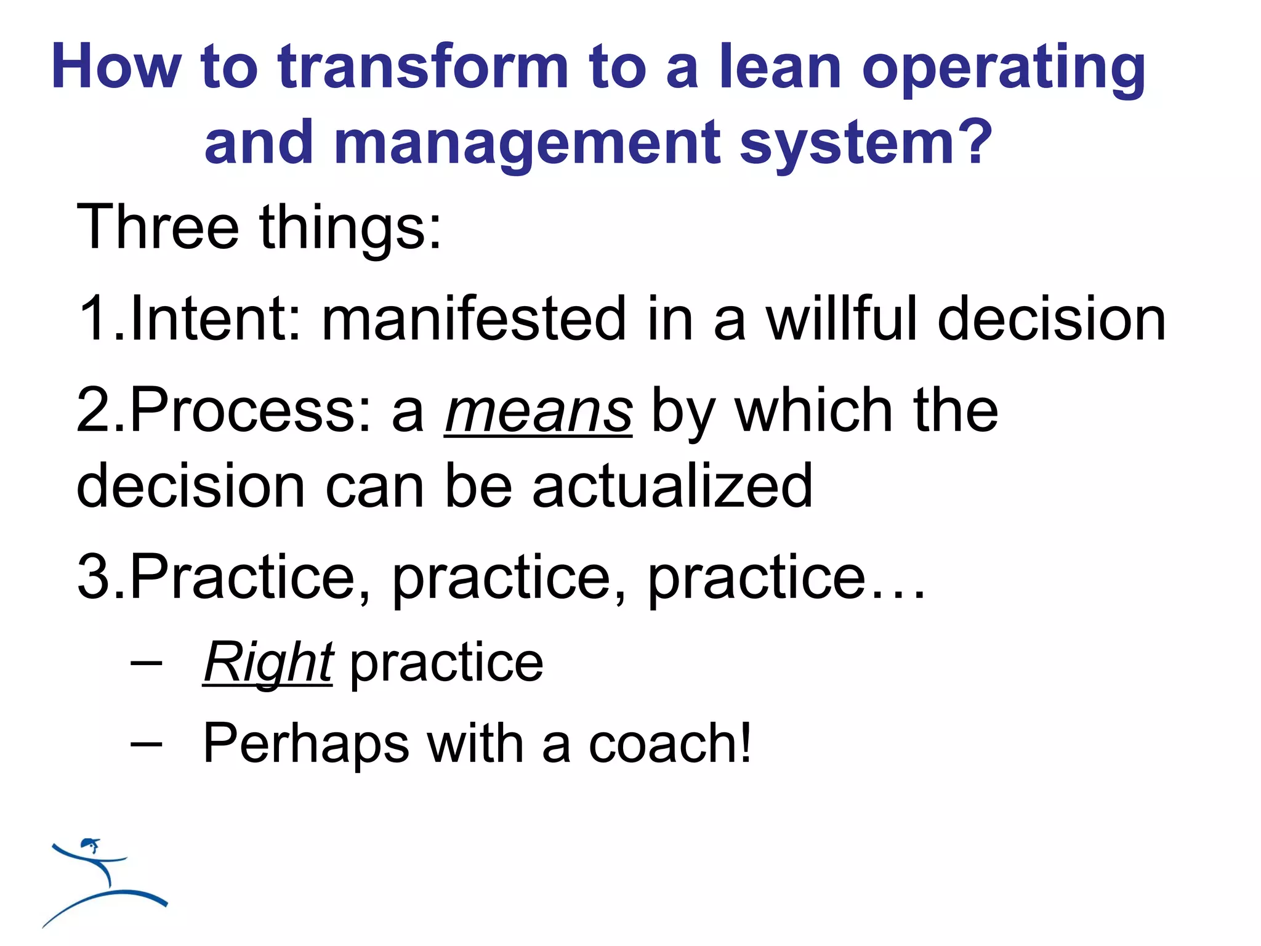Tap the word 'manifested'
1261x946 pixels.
click(473, 318)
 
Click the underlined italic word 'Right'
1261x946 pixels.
click(268, 663)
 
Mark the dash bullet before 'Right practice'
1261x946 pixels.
click(147, 665)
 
